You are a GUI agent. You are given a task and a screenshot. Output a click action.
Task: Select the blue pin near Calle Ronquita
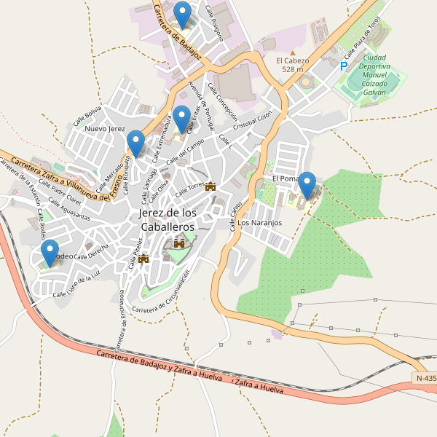coord(135,143)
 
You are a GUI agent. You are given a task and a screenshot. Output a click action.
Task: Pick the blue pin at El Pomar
coord(308,184)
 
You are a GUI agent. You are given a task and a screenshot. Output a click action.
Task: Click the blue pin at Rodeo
coord(50,253)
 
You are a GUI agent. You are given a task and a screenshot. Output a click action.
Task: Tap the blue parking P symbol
coord(343,66)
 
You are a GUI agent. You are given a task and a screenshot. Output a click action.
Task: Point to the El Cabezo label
coord(292,65)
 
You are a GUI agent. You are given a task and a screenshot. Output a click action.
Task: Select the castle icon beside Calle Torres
coord(211,186)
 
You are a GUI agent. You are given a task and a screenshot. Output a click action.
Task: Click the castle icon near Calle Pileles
coord(143,258)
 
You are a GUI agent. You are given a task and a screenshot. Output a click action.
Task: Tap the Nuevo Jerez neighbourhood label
coord(106,129)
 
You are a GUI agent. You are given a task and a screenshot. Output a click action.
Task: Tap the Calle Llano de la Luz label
coord(76,284)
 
